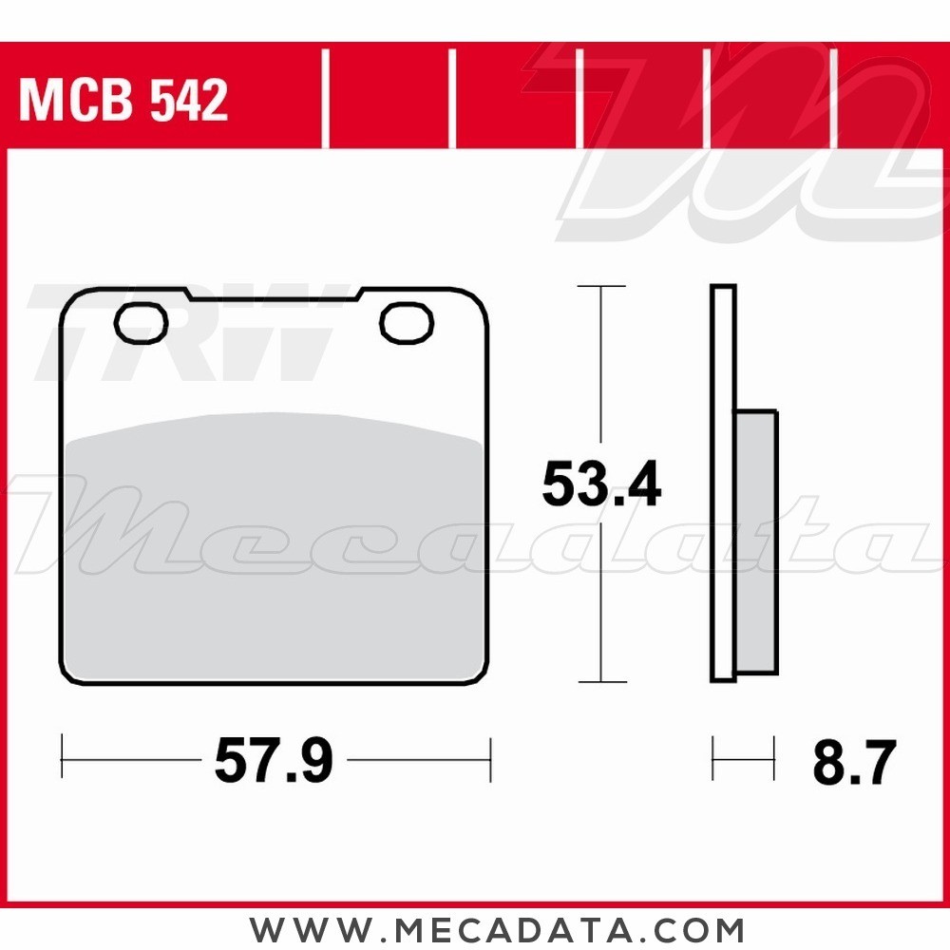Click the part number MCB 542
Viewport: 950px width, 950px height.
[x=124, y=101]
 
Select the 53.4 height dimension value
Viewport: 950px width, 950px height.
[x=601, y=485]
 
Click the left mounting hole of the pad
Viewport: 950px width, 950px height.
[x=141, y=323]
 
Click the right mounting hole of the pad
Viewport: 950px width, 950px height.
[x=407, y=323]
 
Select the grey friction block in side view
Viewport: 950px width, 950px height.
[x=755, y=541]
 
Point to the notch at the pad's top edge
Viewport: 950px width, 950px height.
[x=273, y=295]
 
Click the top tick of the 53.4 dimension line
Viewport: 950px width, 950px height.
[x=601, y=286]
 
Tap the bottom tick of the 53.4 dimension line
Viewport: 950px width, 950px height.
[x=601, y=681]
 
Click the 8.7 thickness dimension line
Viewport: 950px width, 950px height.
[x=743, y=759]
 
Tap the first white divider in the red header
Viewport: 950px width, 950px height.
[x=326, y=100]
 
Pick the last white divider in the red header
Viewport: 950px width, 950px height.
[x=833, y=100]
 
